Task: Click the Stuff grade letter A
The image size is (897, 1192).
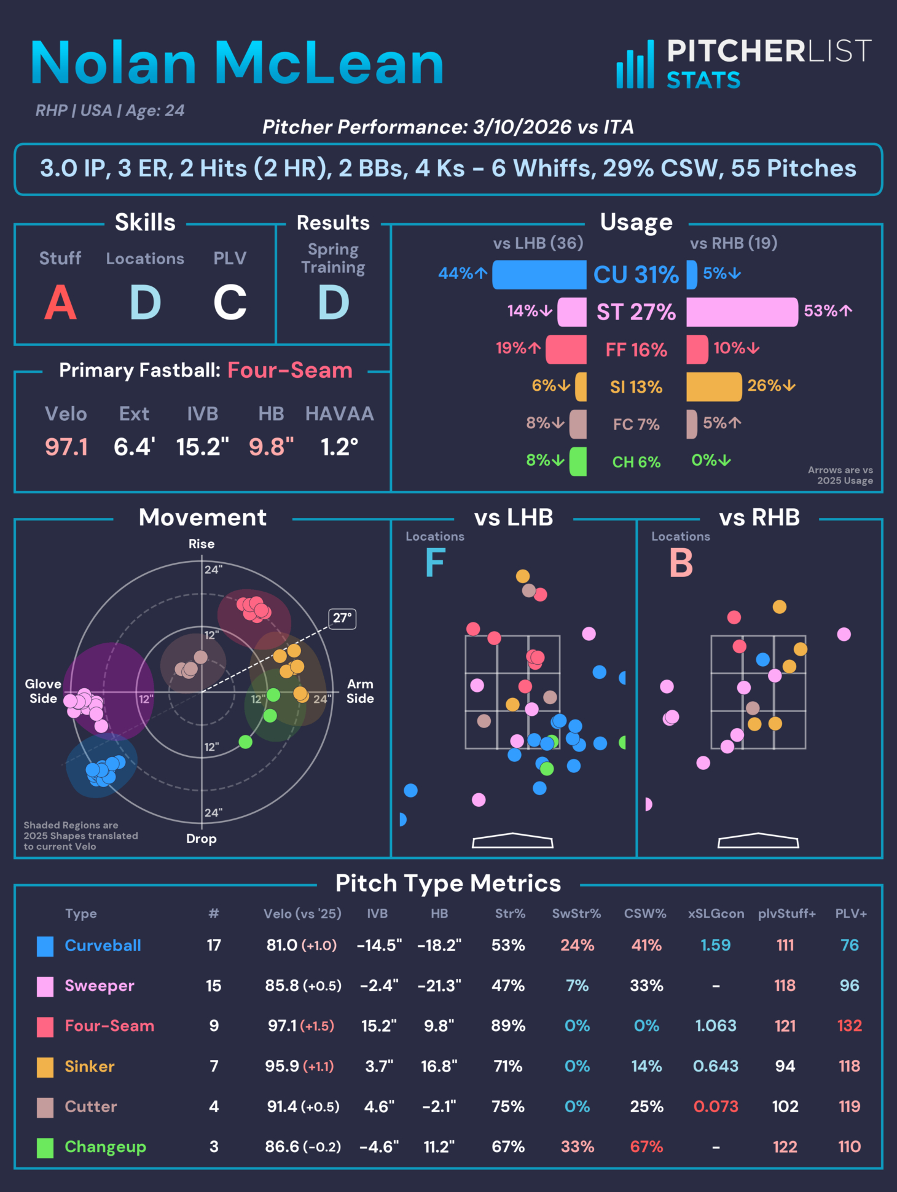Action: coord(60,302)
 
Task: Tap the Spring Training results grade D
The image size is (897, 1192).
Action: coord(334,302)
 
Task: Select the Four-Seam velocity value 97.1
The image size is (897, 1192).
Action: coord(66,447)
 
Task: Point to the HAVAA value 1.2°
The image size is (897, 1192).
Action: coord(339,447)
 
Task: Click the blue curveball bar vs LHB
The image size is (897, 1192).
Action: coord(539,274)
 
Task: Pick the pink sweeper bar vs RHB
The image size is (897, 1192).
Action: coord(742,312)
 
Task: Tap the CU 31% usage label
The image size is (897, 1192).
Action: coord(636,275)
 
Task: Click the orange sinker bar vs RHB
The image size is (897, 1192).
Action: coord(713,386)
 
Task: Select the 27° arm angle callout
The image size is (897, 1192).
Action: coord(342,618)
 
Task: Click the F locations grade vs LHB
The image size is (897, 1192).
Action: coord(435,563)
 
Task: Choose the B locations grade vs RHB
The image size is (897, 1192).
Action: coord(681,563)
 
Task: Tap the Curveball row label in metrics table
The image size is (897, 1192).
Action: coord(103,945)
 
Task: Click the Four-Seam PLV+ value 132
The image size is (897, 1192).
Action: coord(849,1025)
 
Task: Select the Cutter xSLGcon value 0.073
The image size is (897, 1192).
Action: coord(716,1107)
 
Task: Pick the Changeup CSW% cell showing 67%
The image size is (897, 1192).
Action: coord(646,1147)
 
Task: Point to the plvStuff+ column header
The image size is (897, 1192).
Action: coord(786,914)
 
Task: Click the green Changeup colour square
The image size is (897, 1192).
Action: coord(45,1147)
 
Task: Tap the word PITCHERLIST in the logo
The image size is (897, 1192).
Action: coord(769,51)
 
